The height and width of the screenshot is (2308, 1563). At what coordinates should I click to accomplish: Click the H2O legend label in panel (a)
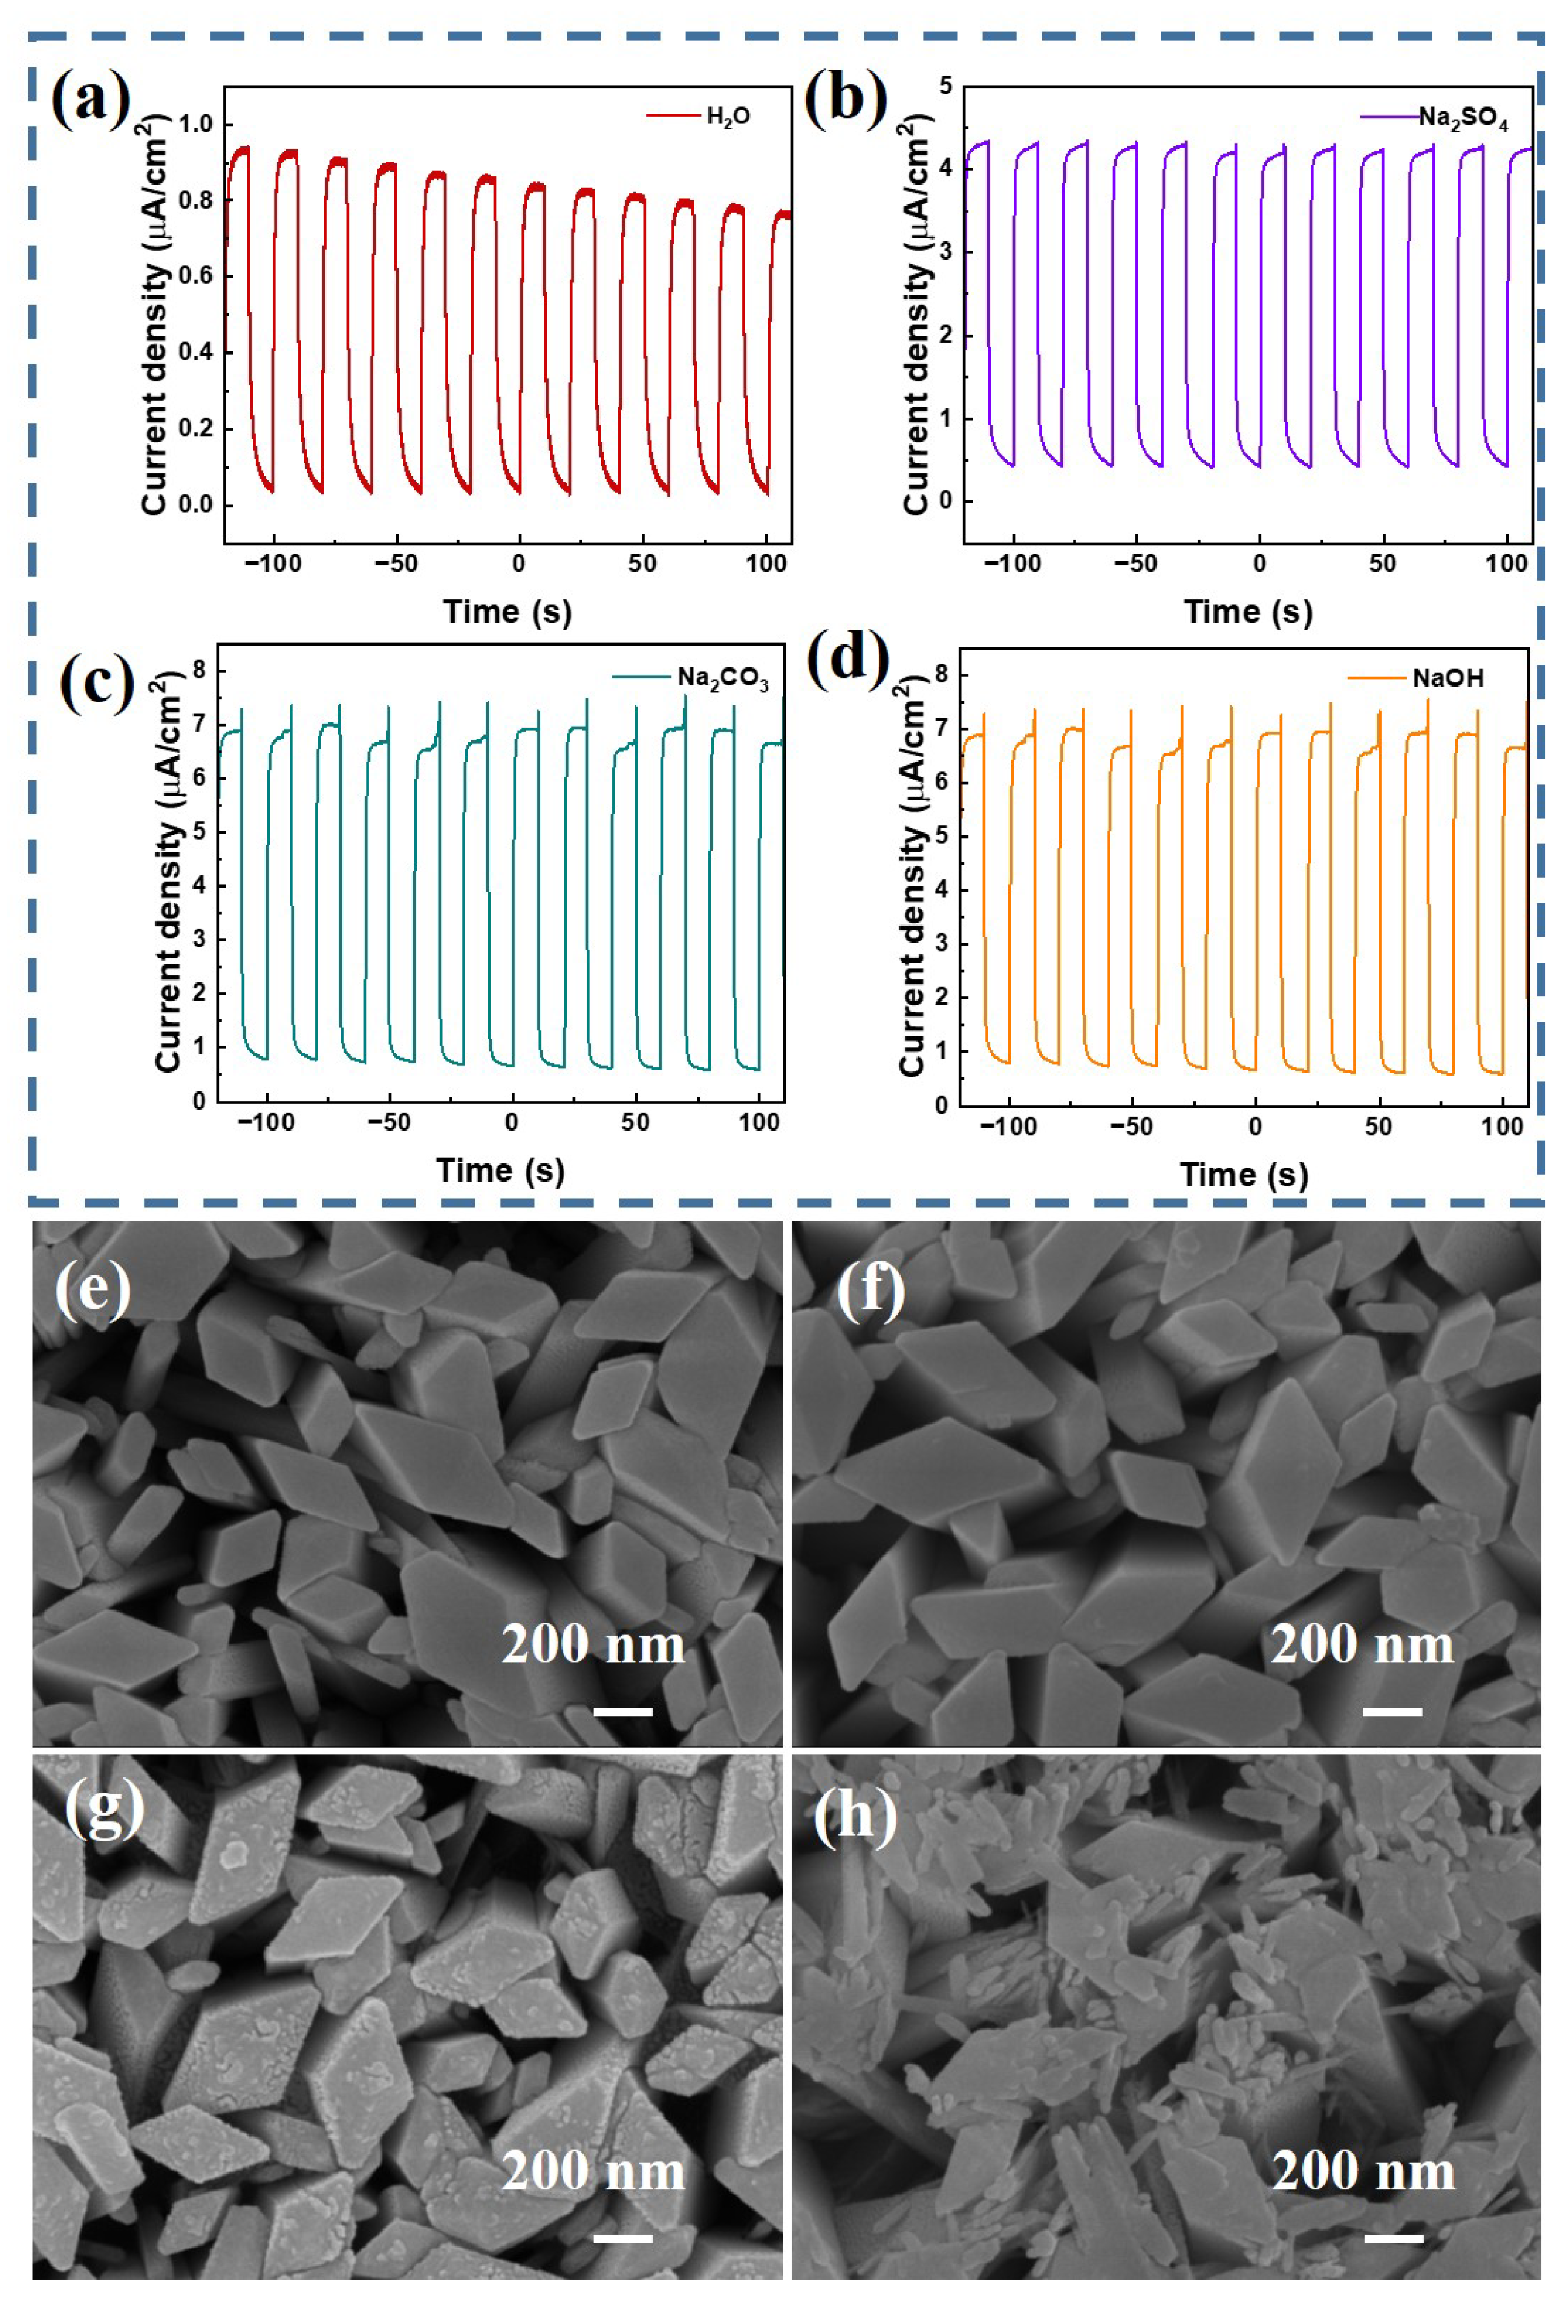728,117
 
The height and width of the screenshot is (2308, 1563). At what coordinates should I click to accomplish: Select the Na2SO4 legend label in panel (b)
1462,119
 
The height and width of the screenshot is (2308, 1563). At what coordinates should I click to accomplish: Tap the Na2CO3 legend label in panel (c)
722,679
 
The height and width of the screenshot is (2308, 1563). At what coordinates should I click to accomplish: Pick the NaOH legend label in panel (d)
1448,678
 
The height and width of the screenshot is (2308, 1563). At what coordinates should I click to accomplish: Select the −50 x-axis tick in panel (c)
388,1122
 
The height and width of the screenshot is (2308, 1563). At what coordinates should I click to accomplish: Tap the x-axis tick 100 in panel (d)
1501,1126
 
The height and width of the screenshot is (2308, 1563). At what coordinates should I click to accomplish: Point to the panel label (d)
847,658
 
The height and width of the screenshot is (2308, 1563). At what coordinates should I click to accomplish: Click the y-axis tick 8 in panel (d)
941,675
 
